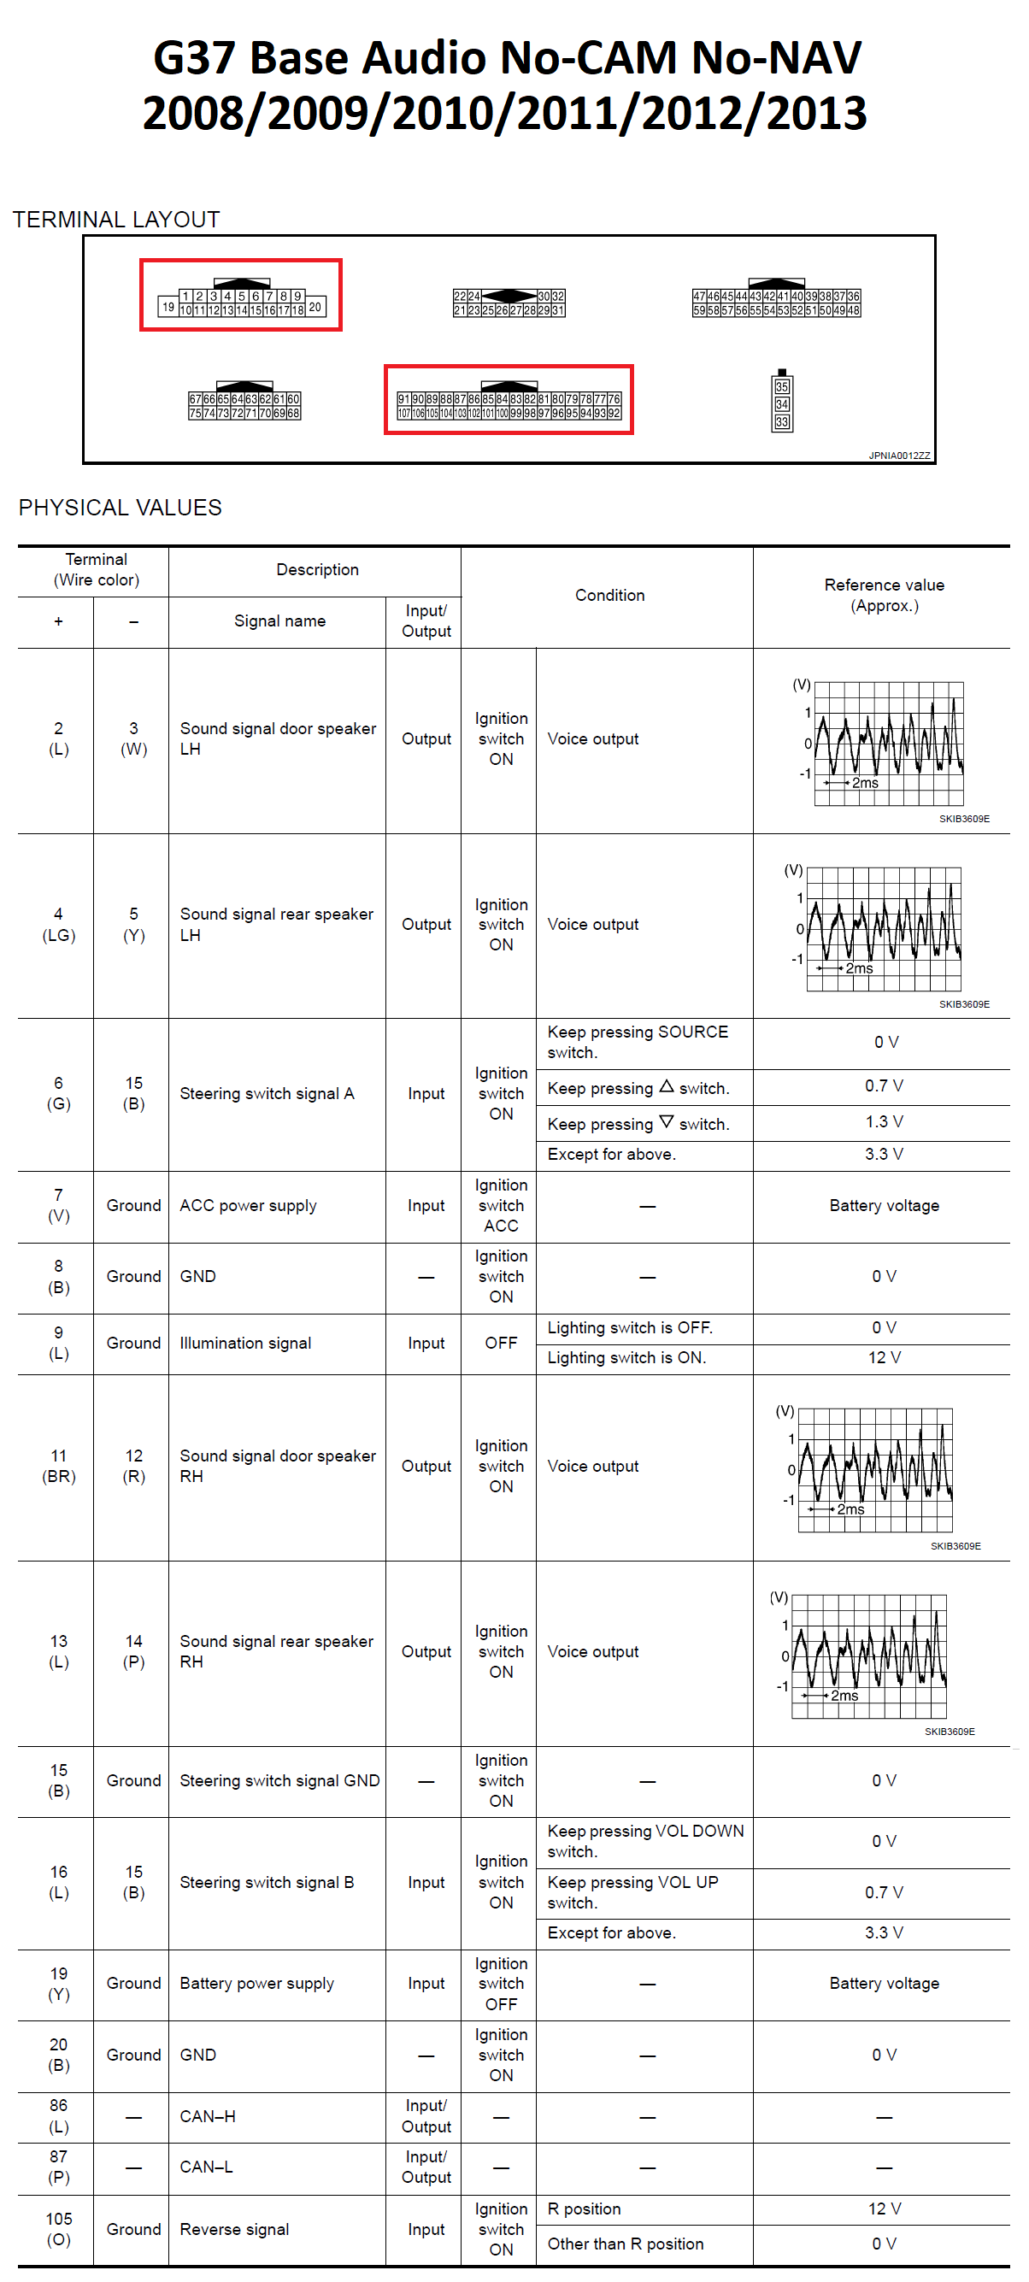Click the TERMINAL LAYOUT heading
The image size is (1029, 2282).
coord(116,220)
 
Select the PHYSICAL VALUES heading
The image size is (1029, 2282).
coord(121,508)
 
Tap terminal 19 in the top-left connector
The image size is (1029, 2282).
coord(168,308)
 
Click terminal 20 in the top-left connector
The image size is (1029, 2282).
coord(315,308)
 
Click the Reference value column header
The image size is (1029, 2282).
coord(884,596)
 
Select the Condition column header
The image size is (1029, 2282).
coord(609,596)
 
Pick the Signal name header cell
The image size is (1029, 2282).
coord(279,621)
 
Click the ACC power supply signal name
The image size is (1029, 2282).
coord(248,1206)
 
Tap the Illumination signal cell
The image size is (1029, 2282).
coord(245,1343)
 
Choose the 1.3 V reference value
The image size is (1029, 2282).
coord(884,1121)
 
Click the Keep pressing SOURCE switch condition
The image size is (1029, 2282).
coord(638,1042)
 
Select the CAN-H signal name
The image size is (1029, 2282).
coord(207,2116)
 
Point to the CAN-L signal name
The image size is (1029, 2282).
coord(205,2167)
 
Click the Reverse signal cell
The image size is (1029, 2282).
coord(234,2229)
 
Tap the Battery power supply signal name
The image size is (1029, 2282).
coord(256,1984)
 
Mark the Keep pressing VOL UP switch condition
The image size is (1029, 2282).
coord(632,1892)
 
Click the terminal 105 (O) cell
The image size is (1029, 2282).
coord(58,2229)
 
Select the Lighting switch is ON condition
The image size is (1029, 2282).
coord(626,1357)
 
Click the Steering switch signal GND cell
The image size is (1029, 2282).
coord(279,1780)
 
